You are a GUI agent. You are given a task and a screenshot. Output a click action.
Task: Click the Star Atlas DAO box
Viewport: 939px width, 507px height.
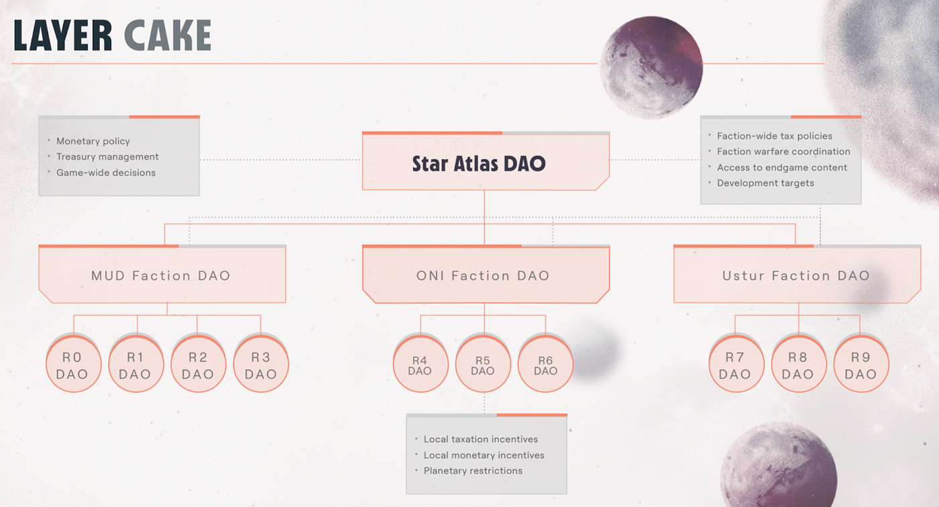(x=486, y=162)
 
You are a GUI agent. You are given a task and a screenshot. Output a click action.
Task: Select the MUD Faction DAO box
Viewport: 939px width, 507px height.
(x=162, y=274)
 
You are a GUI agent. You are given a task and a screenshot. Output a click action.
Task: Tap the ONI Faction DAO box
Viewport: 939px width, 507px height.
(x=486, y=274)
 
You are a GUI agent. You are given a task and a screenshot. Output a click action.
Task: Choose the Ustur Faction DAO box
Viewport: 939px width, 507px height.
(x=797, y=274)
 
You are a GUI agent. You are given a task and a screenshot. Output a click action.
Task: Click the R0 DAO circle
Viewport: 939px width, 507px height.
(x=73, y=364)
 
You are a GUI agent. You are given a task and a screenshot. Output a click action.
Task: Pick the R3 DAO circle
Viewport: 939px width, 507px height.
(x=261, y=364)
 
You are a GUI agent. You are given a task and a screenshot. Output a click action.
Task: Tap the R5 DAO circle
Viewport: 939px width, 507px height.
(x=483, y=364)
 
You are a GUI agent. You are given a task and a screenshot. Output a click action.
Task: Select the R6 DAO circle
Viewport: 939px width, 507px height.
(x=545, y=364)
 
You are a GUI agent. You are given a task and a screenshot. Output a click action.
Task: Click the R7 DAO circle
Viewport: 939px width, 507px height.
(x=736, y=364)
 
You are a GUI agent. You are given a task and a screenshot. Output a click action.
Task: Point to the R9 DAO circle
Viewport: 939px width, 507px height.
(x=861, y=364)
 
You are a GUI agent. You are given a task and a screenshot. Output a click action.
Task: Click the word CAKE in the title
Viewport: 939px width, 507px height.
(x=168, y=35)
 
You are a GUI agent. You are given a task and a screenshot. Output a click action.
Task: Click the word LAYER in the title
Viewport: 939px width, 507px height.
(x=63, y=35)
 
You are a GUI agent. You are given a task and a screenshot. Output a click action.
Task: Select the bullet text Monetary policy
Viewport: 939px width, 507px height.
(x=93, y=141)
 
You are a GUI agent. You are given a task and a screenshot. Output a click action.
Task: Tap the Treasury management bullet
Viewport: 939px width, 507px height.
(x=107, y=156)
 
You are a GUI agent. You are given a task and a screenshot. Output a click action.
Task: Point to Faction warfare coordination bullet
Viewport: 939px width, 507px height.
(x=783, y=152)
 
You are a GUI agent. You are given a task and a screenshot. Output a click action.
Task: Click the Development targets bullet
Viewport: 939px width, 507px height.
(x=765, y=183)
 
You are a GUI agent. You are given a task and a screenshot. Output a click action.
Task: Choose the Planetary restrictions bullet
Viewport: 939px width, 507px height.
(x=473, y=471)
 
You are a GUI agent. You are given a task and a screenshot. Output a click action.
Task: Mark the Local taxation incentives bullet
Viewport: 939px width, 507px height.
(x=480, y=439)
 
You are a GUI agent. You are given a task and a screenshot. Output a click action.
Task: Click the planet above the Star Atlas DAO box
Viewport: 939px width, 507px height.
(x=651, y=67)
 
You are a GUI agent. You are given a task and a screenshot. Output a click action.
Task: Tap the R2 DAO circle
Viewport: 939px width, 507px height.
(x=199, y=364)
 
